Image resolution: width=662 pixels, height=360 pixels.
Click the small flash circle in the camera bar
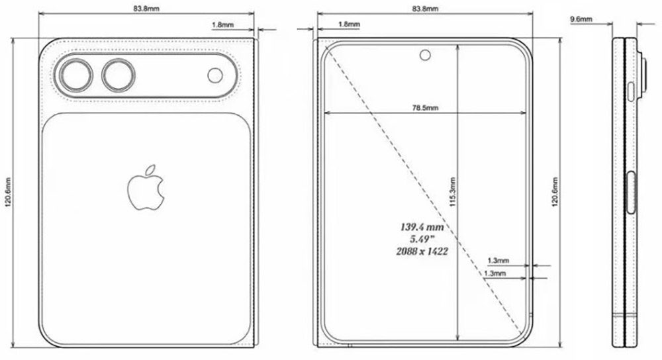tap(216, 75)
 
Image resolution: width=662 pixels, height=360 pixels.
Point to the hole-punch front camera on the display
tap(424, 56)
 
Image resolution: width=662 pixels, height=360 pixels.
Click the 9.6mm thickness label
tap(581, 21)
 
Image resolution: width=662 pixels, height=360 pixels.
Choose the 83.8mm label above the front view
tap(424, 9)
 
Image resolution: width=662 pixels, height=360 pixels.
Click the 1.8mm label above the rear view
tap(221, 24)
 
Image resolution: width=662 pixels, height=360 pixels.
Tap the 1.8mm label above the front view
tap(349, 24)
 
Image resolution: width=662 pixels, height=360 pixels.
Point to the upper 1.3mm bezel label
tap(497, 261)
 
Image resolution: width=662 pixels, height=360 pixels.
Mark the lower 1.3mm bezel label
tap(495, 273)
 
